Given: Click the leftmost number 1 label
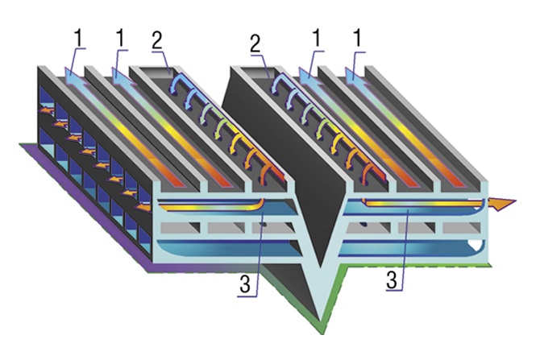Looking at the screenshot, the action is (x=79, y=38).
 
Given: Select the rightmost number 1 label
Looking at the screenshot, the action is (x=358, y=38).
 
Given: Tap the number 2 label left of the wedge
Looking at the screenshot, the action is (x=156, y=41).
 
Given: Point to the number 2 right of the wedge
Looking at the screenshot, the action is (x=255, y=43).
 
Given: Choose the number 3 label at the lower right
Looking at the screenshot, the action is (x=392, y=279).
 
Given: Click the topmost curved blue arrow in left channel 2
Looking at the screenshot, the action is (x=177, y=83).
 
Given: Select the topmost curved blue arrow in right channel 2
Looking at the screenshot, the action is (x=278, y=83).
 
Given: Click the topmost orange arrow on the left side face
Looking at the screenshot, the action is (x=46, y=110).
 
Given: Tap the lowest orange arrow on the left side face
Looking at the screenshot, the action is (x=143, y=207).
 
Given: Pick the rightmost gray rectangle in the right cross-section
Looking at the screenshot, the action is (x=461, y=227).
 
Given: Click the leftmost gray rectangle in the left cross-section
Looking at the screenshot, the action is (x=180, y=227).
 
